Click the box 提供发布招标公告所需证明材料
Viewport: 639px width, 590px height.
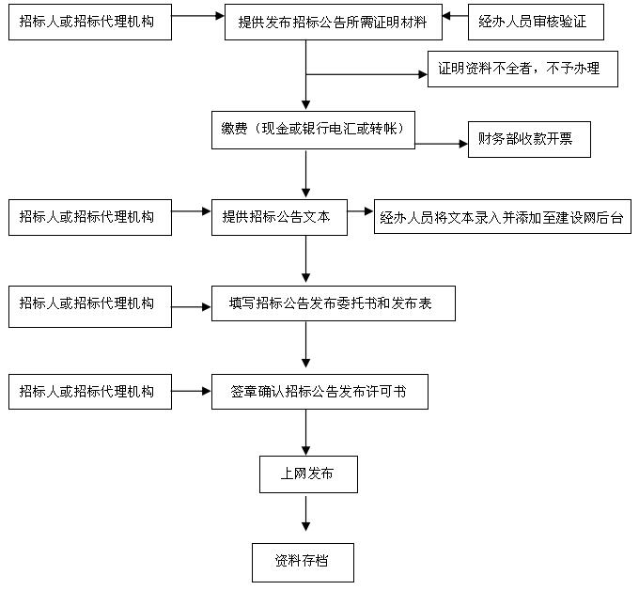tap(333, 23)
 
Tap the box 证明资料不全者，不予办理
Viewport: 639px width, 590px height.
tap(522, 70)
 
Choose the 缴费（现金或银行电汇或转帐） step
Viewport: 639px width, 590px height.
tap(313, 130)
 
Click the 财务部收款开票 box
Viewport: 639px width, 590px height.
tap(529, 140)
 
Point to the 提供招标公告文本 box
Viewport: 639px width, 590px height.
tap(279, 215)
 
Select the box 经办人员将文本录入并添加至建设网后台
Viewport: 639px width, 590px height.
tap(502, 217)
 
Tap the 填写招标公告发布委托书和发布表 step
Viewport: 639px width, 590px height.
tap(333, 303)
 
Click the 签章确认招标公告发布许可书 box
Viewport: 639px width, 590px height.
tap(319, 391)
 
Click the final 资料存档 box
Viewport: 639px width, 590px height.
tap(303, 562)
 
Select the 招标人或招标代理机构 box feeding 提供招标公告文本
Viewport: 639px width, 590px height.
tap(90, 217)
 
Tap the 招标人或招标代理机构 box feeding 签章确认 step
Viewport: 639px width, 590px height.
tap(90, 391)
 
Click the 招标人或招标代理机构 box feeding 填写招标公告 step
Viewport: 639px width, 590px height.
tap(90, 305)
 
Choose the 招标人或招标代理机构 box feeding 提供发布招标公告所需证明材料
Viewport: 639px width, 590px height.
tap(90, 22)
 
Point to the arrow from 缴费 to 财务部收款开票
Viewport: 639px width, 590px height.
tap(442, 144)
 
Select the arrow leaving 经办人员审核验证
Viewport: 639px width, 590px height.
tap(455, 16)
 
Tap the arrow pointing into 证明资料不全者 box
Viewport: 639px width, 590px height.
tap(366, 73)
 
